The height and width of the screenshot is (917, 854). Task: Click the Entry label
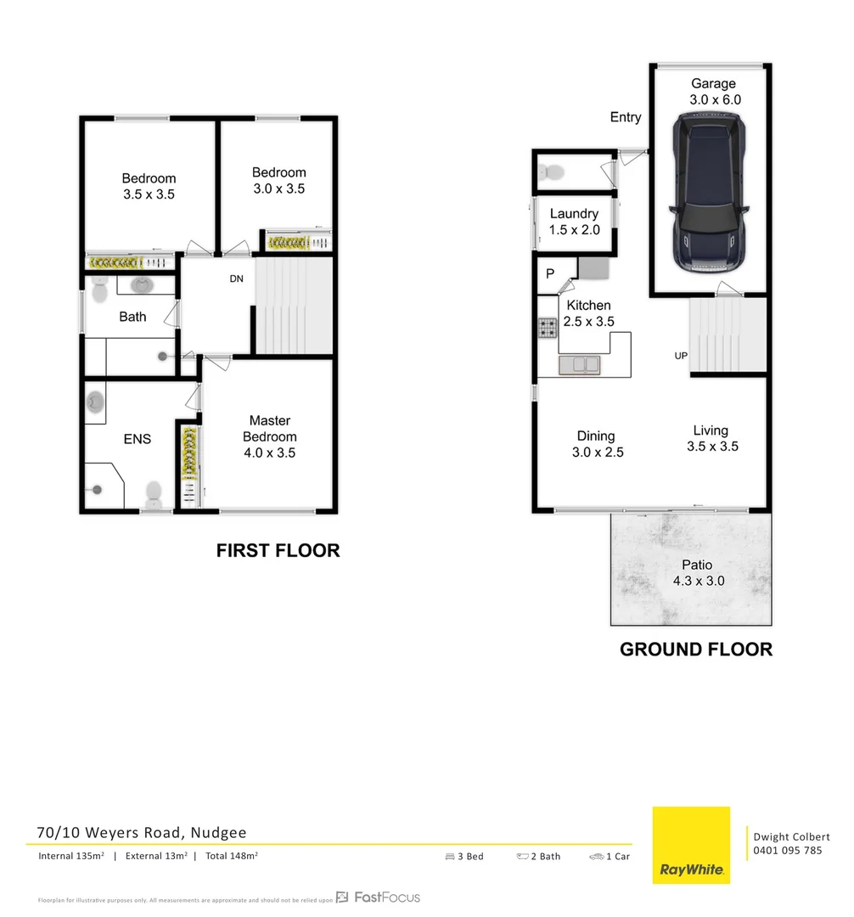coord(626,117)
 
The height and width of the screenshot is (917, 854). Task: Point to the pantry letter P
coord(550,274)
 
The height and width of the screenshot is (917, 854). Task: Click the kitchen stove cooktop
coord(547,329)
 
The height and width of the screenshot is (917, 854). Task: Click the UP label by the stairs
coord(681,356)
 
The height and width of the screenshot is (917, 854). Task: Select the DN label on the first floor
coord(237,278)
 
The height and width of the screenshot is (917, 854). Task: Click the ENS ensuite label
coord(138,439)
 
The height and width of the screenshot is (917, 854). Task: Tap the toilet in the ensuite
coord(154,492)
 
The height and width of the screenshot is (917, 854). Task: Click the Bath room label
coord(132,317)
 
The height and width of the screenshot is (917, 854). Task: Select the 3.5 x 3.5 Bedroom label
coord(149,186)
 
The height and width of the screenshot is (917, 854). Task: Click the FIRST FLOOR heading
coord(278,551)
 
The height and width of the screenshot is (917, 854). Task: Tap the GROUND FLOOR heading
coord(696,650)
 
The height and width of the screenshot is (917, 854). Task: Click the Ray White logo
coord(691,845)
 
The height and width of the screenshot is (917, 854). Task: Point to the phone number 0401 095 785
coord(787,851)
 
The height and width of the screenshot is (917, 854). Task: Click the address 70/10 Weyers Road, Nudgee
coord(142,833)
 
